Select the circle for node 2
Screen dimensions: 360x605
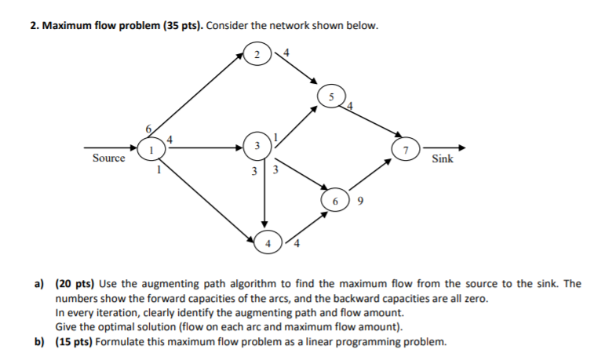[257, 55]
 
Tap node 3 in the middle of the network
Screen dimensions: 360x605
[255, 146]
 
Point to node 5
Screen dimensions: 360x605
[330, 96]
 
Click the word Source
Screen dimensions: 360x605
[108, 158]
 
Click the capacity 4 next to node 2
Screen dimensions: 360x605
[285, 53]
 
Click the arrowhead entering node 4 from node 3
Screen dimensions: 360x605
[264, 224]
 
